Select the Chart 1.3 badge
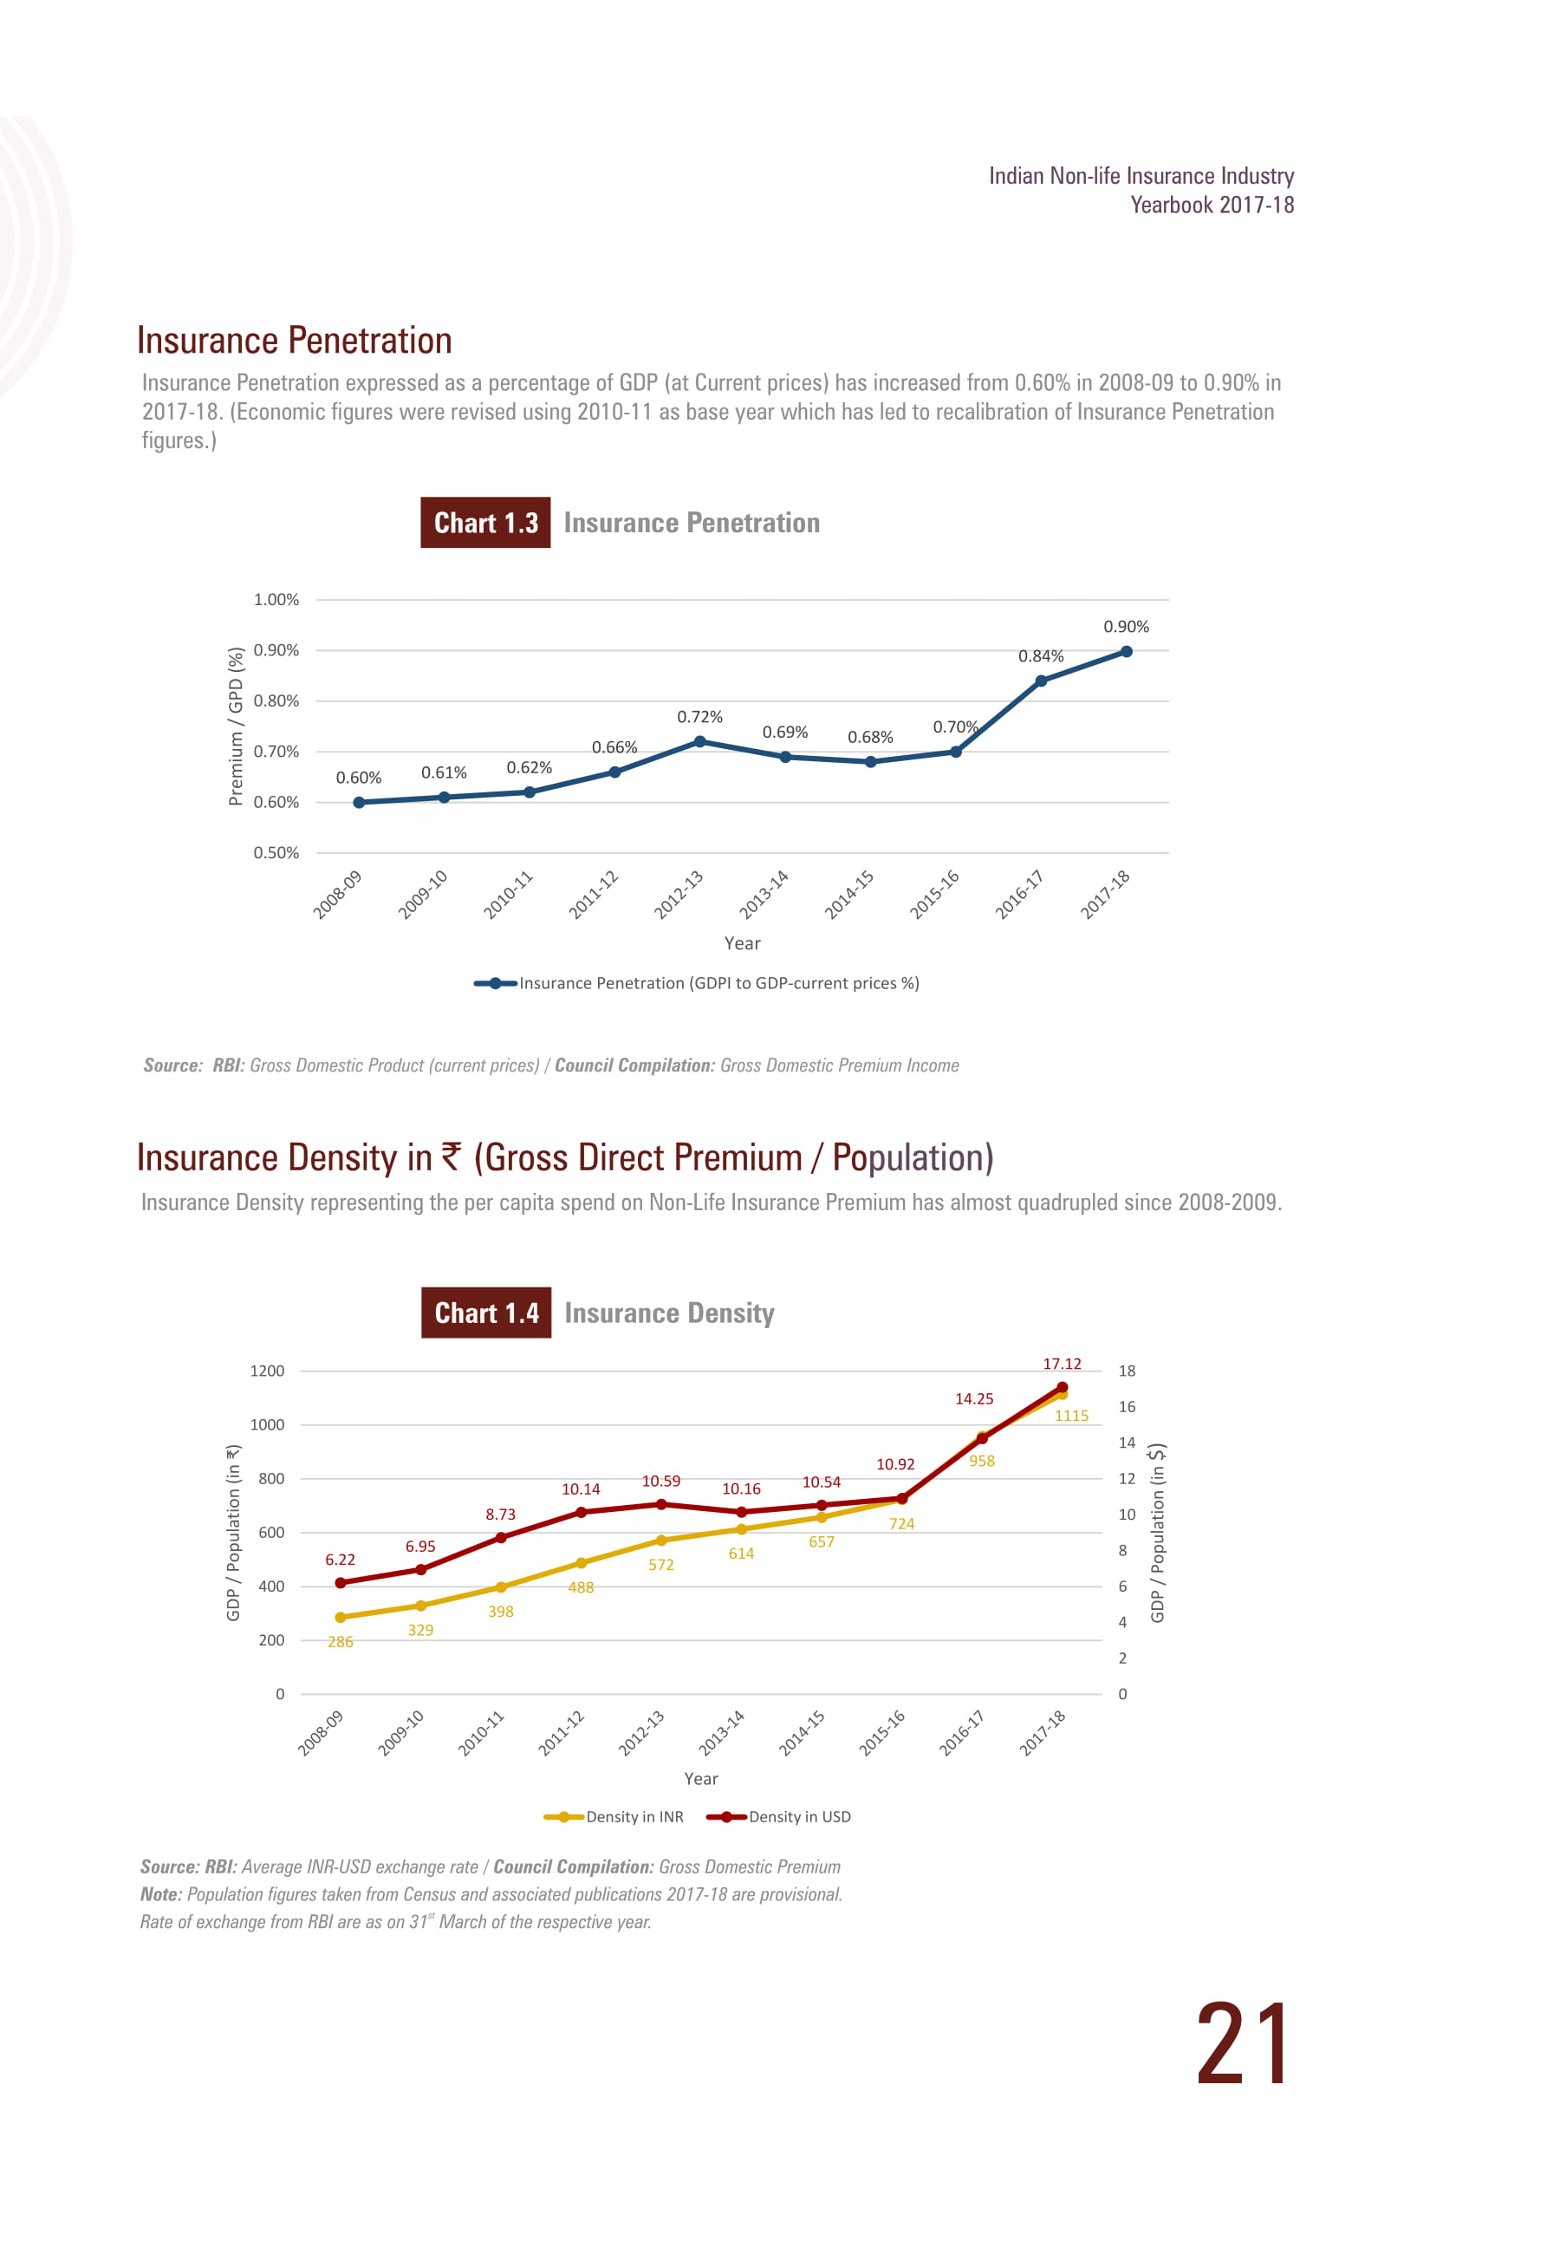tap(486, 523)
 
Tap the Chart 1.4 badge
tap(487, 1313)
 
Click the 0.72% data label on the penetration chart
tap(700, 718)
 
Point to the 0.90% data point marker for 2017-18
tap(1126, 651)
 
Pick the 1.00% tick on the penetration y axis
tap(276, 599)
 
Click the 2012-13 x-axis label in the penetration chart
tap(679, 895)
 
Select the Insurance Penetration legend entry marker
tap(496, 983)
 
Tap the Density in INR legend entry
tap(614, 1817)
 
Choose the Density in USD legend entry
tap(778, 1817)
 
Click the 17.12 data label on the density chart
tap(1062, 1364)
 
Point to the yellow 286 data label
tap(340, 1642)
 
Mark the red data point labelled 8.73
tap(500, 1538)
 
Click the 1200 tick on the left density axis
tap(267, 1371)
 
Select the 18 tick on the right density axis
tap(1127, 1371)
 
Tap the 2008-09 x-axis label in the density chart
tap(321, 1733)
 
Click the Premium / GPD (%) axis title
tap(236, 726)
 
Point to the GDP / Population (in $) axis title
tap(1157, 1533)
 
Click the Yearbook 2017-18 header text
tap(1212, 205)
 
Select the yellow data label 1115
tap(1071, 1416)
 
